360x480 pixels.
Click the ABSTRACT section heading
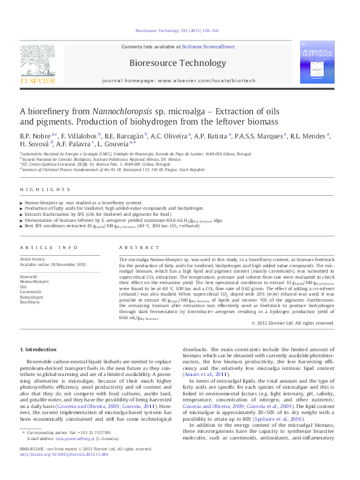pyautogui.click(x=131, y=248)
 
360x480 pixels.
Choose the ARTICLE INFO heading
pyautogui.click(x=49, y=248)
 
